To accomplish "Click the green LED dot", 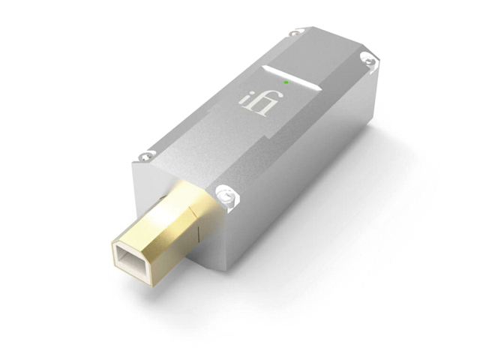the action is pos(286,82).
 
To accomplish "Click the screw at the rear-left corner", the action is pos(295,32).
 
